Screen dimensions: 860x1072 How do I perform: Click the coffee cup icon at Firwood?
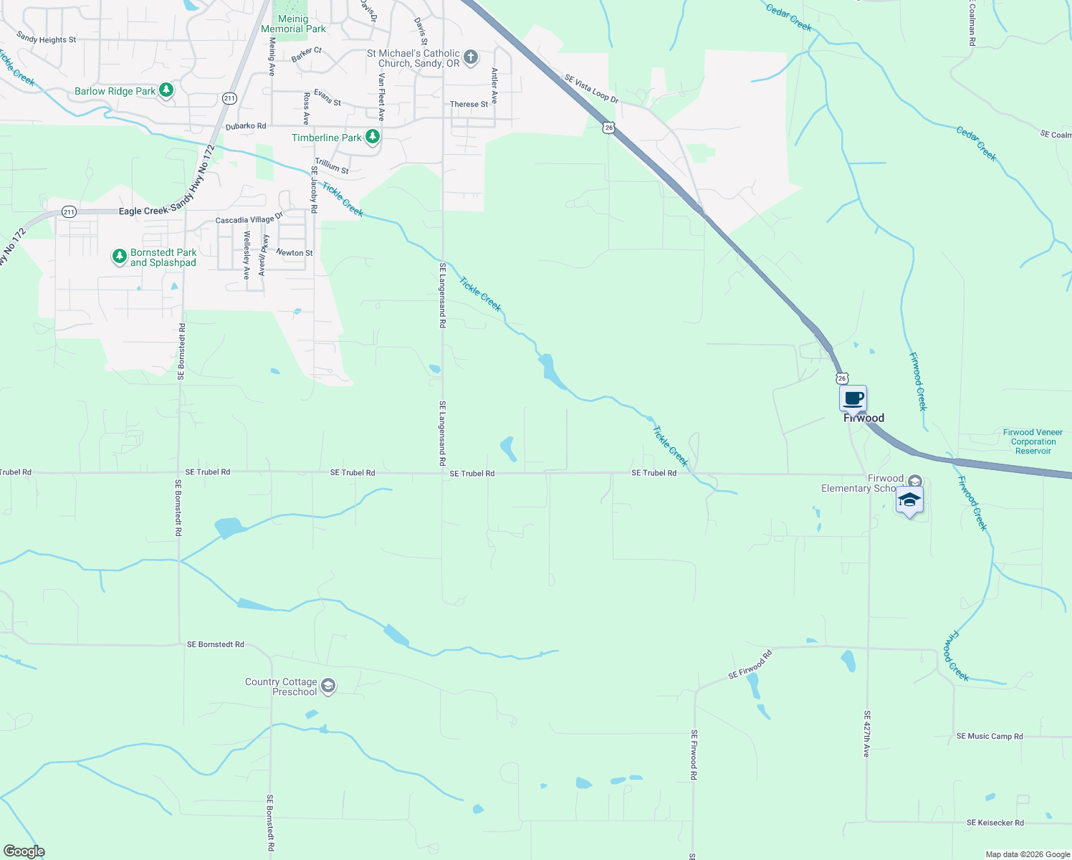pyautogui.click(x=853, y=398)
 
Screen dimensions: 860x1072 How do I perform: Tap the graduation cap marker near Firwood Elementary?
pyautogui.click(x=909, y=500)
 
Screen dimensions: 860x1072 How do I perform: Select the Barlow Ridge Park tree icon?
pyautogui.click(x=166, y=90)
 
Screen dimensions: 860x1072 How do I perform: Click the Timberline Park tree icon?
pyautogui.click(x=372, y=136)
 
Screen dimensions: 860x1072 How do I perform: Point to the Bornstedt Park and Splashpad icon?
pyautogui.click(x=120, y=257)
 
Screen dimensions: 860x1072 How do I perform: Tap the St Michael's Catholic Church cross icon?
pyautogui.click(x=471, y=57)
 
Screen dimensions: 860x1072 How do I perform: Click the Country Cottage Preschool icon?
pyautogui.click(x=328, y=686)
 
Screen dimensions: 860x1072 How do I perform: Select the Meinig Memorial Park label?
pyautogui.click(x=293, y=24)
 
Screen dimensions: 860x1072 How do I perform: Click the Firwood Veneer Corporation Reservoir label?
pyautogui.click(x=1033, y=441)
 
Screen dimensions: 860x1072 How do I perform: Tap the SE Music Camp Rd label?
pyautogui.click(x=990, y=736)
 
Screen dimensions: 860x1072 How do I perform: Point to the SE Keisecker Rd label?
pyautogui.click(x=995, y=823)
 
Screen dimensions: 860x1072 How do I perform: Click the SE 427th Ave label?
pyautogui.click(x=866, y=734)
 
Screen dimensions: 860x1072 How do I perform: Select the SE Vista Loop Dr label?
pyautogui.click(x=591, y=89)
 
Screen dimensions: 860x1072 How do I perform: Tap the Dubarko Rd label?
pyautogui.click(x=246, y=126)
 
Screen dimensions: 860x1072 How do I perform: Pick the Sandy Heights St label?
pyautogui.click(x=46, y=39)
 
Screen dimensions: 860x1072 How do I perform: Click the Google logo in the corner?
pyautogui.click(x=24, y=851)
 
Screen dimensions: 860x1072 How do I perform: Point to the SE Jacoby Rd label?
pyautogui.click(x=313, y=189)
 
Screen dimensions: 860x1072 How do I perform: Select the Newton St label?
pyautogui.click(x=295, y=253)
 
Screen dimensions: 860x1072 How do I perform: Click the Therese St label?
pyautogui.click(x=469, y=105)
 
